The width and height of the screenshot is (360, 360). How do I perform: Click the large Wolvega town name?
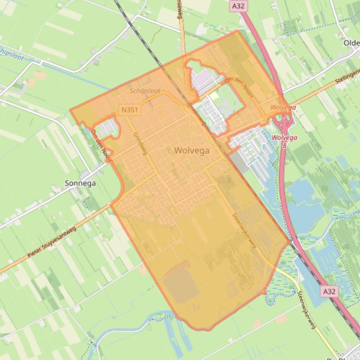tap(191, 151)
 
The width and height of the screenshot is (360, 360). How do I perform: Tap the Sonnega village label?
tap(80, 183)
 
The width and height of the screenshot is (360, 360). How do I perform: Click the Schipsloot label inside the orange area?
tap(145, 91)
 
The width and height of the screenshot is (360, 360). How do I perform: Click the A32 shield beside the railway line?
tap(329, 291)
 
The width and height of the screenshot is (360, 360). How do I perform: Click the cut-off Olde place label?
tap(351, 43)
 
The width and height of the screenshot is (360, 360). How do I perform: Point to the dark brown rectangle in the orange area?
tap(180, 283)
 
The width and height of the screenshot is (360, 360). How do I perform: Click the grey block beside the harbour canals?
tap(238, 163)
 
